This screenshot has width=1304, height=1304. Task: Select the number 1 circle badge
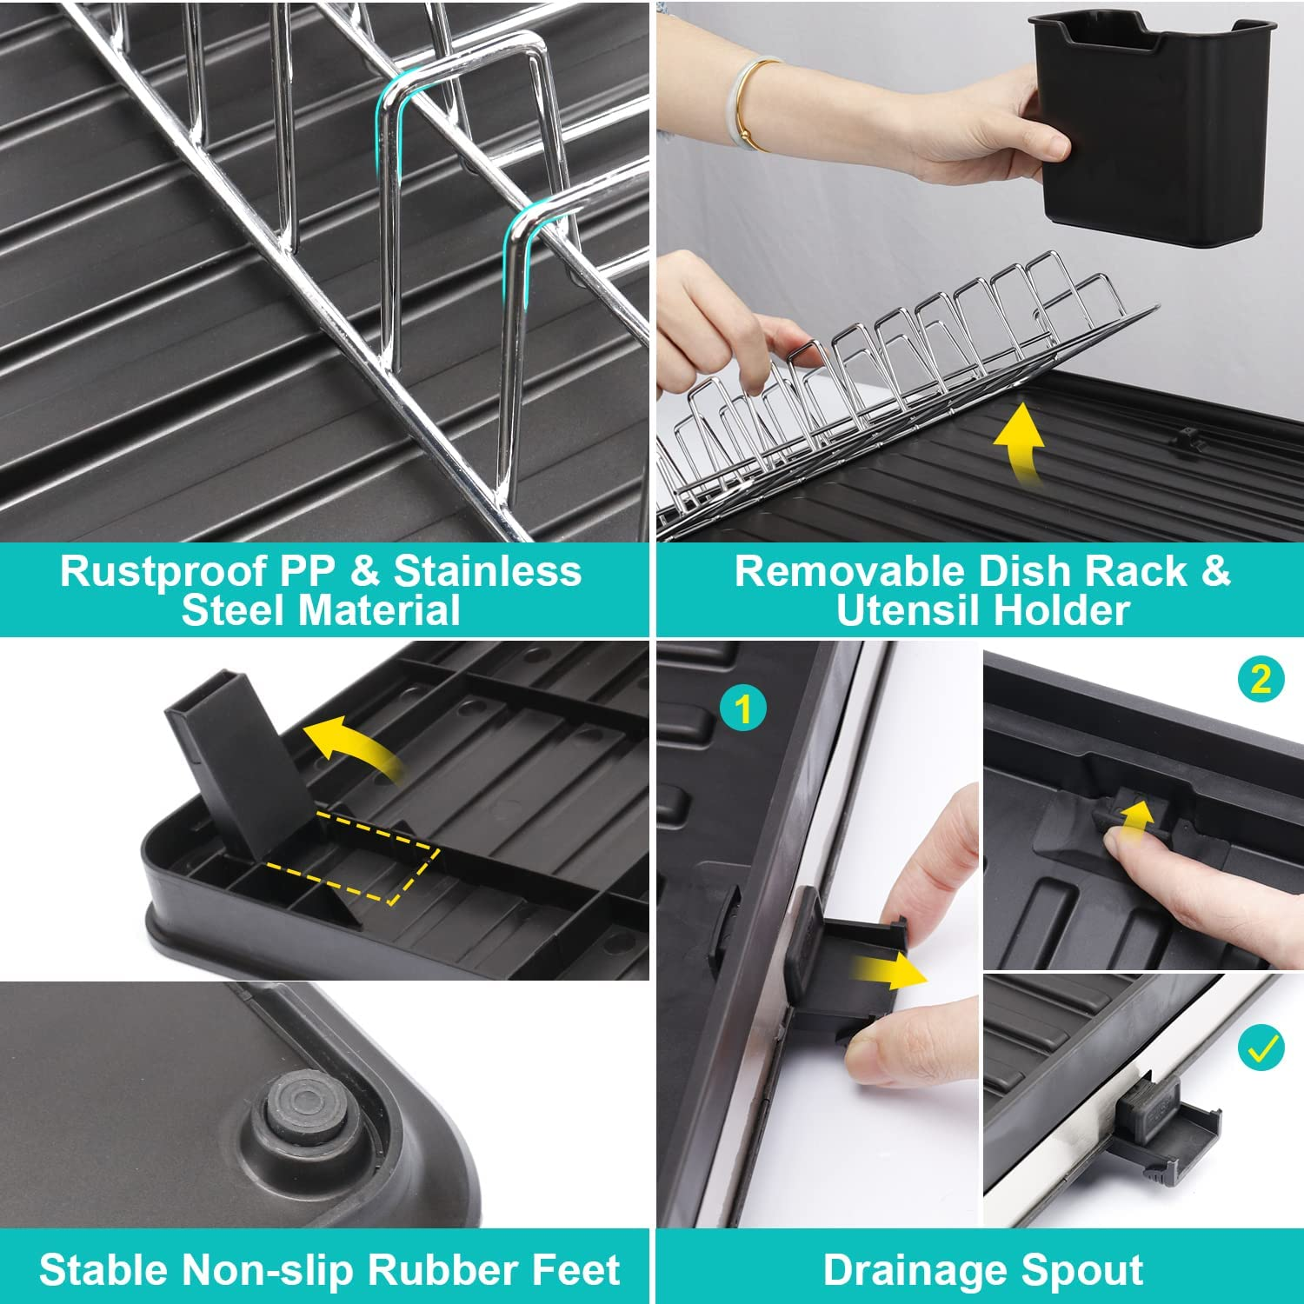point(742,709)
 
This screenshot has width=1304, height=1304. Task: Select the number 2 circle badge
point(1261,678)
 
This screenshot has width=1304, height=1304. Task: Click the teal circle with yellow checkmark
point(1261,1048)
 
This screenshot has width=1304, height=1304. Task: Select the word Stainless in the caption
point(487,571)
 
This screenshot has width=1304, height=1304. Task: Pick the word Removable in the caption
point(849,571)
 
